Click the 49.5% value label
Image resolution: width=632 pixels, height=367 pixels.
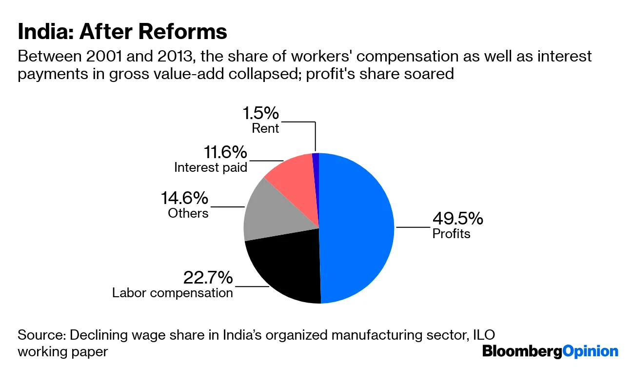coord(457,218)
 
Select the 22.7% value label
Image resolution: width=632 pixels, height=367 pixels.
coord(208,278)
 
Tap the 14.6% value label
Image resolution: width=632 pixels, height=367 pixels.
coord(185,198)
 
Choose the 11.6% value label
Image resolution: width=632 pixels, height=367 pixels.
coord(225,152)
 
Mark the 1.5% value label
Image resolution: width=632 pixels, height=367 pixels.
coord(261,113)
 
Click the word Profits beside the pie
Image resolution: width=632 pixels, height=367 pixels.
coord(451,234)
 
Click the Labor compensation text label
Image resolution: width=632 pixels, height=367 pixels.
coord(173,293)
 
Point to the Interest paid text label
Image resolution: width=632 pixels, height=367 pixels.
coord(211,167)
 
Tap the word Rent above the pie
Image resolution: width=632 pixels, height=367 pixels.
coord(265,128)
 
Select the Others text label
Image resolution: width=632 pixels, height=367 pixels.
coord(188,213)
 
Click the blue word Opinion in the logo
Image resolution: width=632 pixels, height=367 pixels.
coord(591,351)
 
